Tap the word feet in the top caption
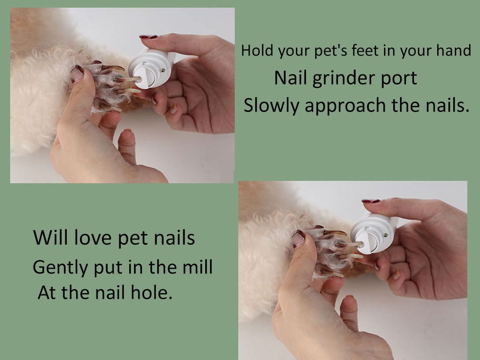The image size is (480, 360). [x=365, y=50]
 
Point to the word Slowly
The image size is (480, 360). [x=271, y=106]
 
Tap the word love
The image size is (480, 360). [x=93, y=238]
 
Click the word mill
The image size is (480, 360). [x=198, y=267]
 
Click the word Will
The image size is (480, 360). [x=50, y=238]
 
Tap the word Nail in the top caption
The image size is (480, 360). [x=290, y=78]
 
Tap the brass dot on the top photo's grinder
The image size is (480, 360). [x=163, y=70]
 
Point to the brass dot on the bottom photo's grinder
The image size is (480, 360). [x=386, y=235]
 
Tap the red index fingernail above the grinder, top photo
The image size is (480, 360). [x=148, y=37]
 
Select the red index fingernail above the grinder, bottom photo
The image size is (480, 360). [x=371, y=201]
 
